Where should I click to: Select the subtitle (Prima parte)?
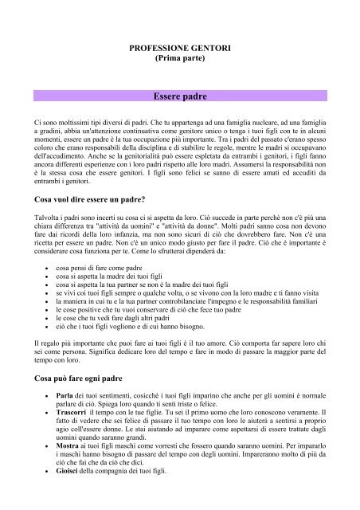tap(179, 61)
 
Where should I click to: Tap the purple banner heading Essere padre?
tap(179, 96)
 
